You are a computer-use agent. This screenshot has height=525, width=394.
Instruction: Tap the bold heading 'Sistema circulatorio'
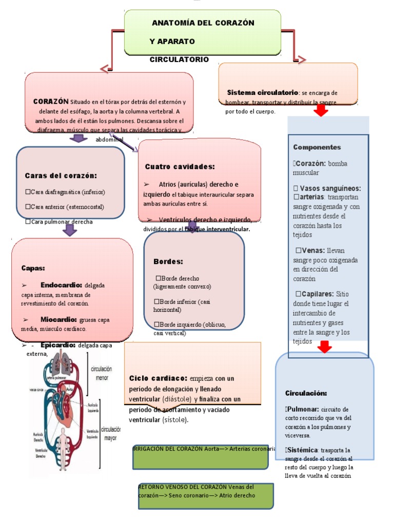[x=262, y=92]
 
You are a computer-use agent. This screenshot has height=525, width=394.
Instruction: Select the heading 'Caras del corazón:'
[x=61, y=175]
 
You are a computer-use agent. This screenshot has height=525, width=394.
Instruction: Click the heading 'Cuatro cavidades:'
[x=180, y=167]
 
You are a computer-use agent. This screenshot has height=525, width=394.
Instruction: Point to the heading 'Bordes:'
[x=168, y=261]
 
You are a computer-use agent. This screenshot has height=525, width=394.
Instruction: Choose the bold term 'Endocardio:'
[x=61, y=285]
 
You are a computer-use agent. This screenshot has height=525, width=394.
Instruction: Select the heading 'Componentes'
[x=317, y=147]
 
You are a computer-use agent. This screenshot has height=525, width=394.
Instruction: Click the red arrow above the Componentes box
[x=321, y=111]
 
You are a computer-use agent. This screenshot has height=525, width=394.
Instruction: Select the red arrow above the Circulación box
[x=324, y=348]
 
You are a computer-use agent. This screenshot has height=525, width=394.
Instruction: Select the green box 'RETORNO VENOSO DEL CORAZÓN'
[x=205, y=496]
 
